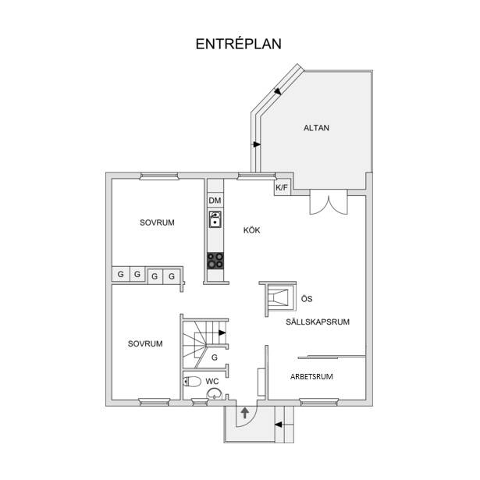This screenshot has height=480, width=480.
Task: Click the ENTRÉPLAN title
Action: point(239,44)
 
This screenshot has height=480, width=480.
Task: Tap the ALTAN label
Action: point(316,128)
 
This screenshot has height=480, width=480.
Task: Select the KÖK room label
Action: point(251,230)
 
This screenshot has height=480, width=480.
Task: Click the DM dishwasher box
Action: point(215,201)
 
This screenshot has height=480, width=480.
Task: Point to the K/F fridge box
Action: point(282,187)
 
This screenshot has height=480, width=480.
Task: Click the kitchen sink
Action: point(215,219)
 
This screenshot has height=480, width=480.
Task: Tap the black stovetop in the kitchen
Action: point(215,261)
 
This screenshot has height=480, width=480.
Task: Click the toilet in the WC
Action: point(192,382)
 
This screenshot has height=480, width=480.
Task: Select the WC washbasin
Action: point(214,393)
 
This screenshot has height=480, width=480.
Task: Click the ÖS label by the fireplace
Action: point(307,299)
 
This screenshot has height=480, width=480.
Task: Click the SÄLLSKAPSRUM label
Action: point(318,322)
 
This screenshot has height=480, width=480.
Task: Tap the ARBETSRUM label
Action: point(311,376)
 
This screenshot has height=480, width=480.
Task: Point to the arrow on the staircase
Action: point(222,332)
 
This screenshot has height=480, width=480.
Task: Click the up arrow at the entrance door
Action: point(244,413)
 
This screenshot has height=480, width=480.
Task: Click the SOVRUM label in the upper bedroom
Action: point(157,222)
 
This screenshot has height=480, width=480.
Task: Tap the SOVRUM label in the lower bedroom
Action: point(145,343)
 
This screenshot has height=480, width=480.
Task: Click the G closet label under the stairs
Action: point(215,357)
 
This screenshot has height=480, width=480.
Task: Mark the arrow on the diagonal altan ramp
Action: point(278,91)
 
